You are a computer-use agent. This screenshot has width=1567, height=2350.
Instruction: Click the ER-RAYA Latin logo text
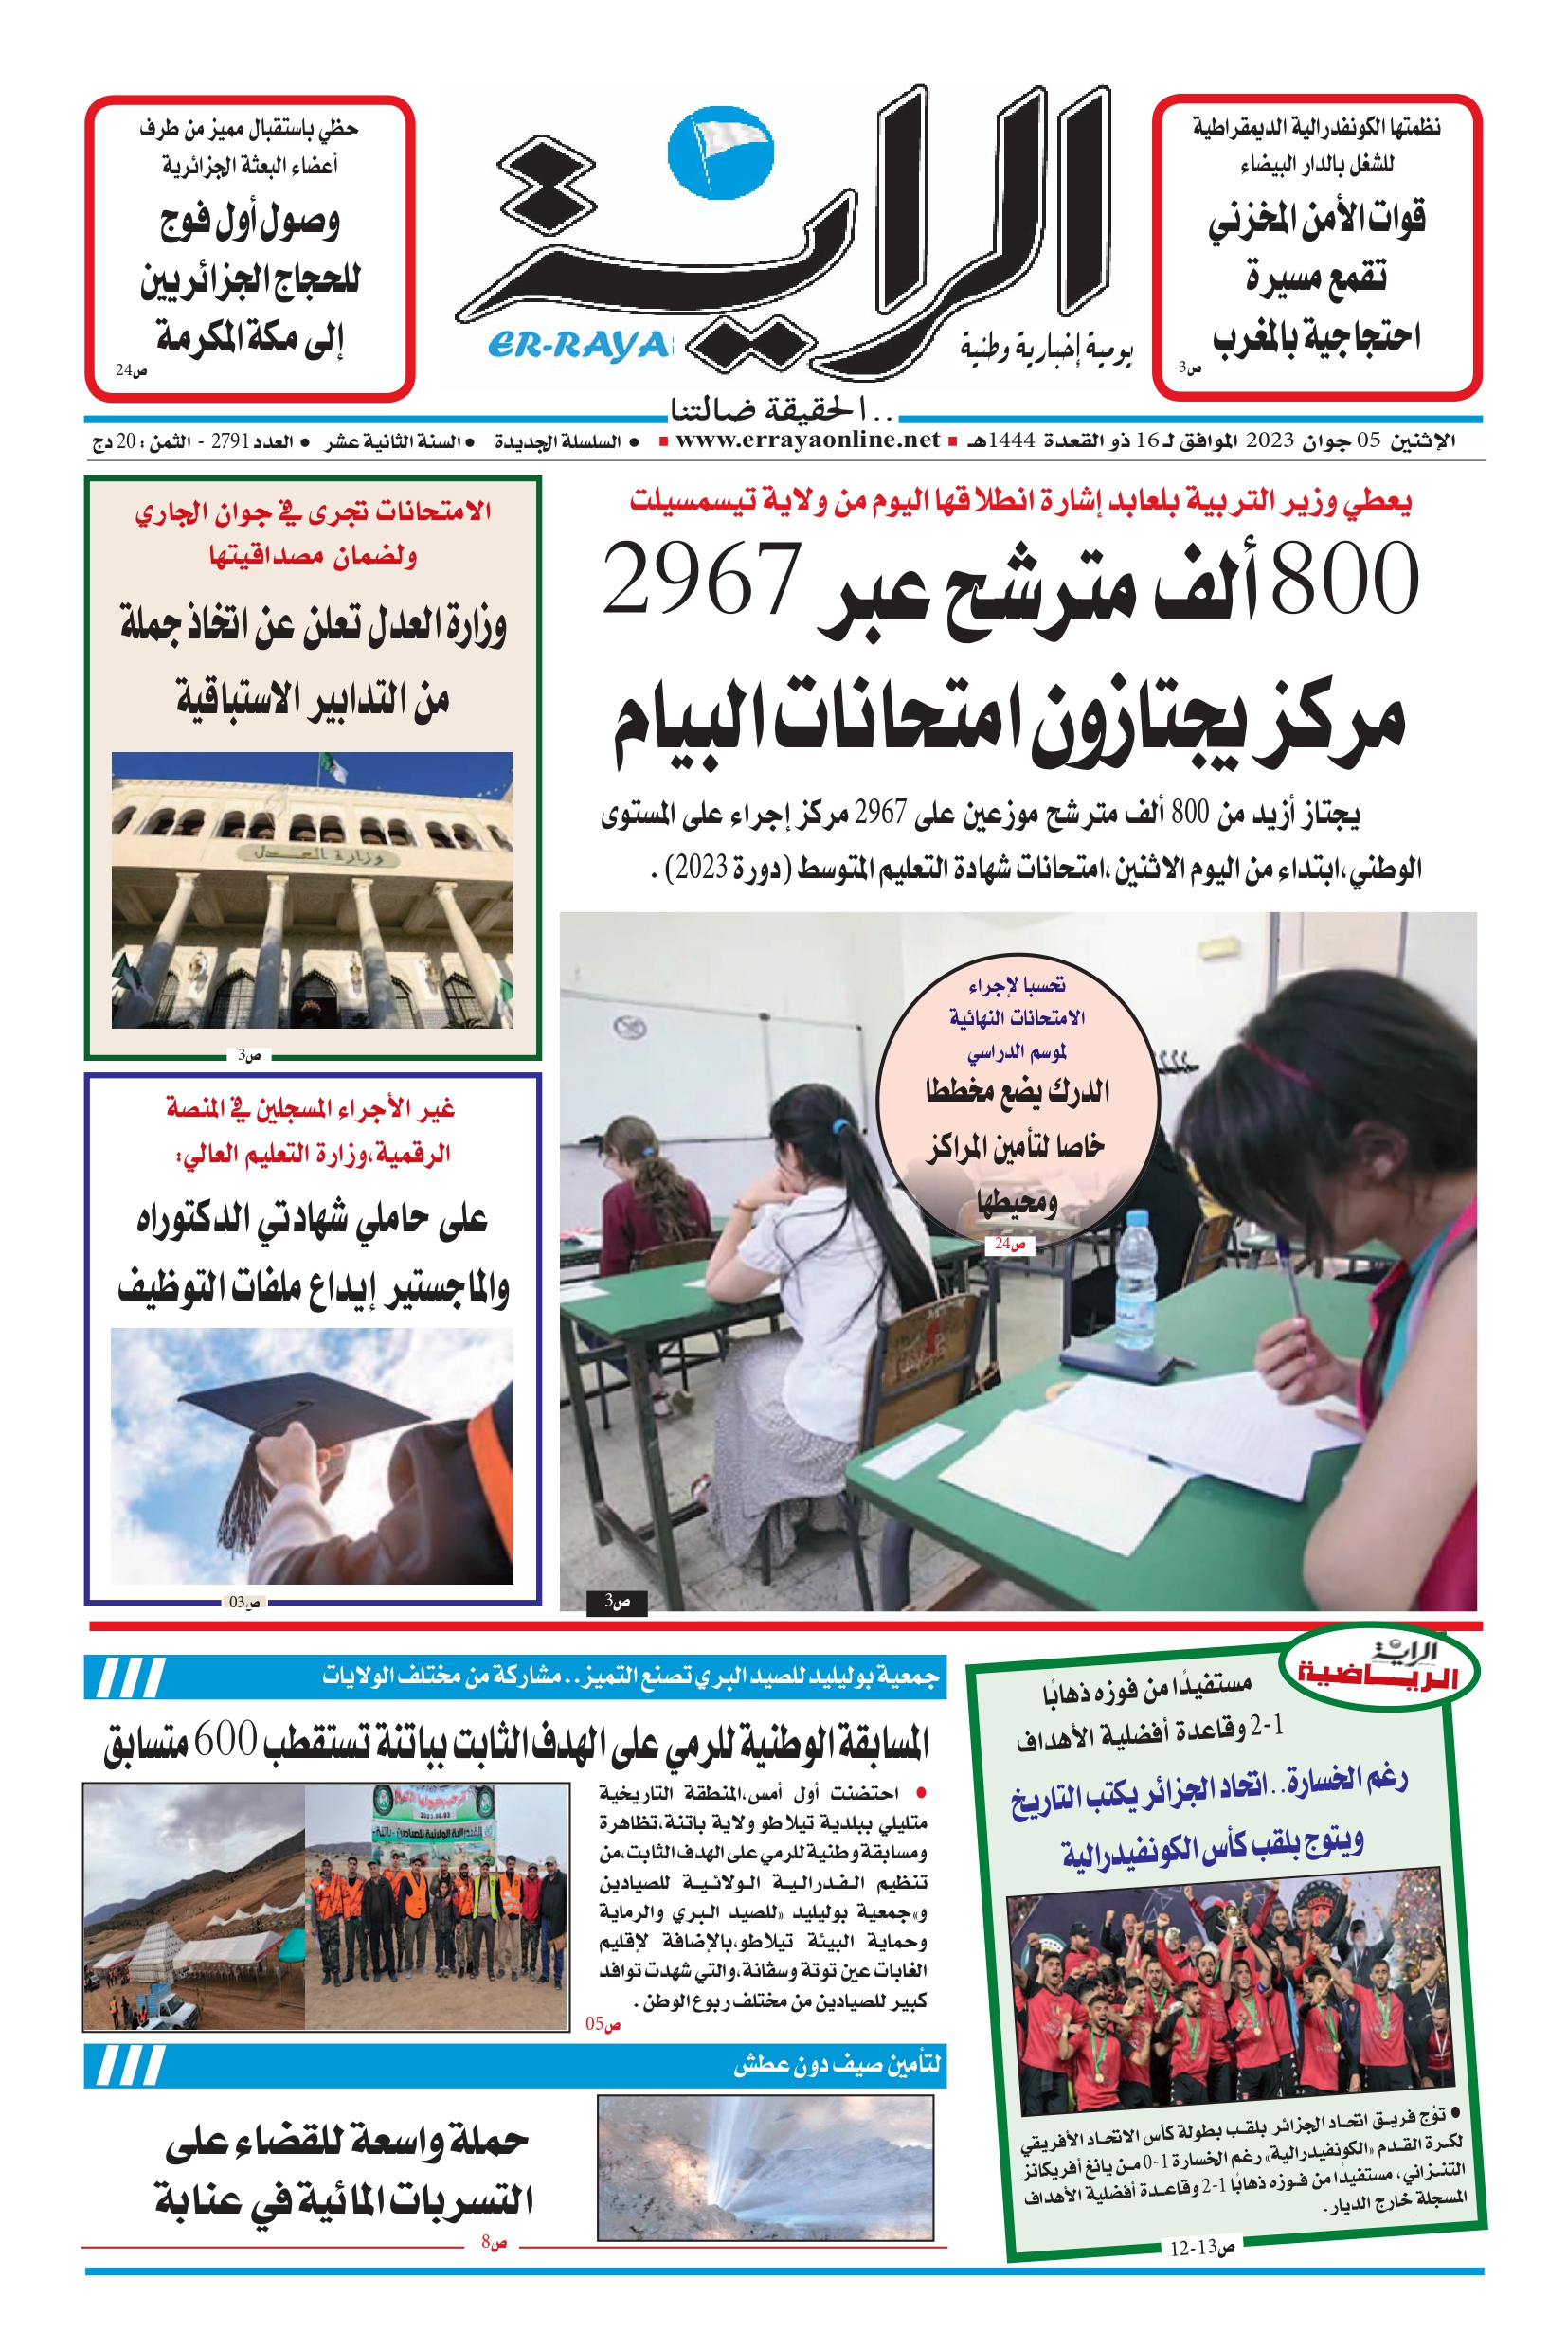click(578, 345)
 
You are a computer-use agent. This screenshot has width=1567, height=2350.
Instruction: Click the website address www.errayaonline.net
click(807, 440)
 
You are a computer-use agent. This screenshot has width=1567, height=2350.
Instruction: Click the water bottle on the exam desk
click(1134, 1279)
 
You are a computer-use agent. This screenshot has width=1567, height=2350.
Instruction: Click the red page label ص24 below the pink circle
click(1008, 1245)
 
